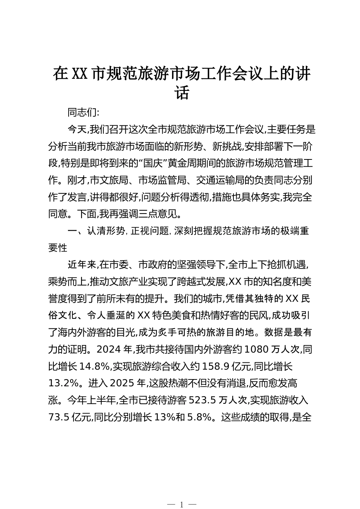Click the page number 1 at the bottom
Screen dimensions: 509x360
182,504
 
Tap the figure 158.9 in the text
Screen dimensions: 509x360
221,367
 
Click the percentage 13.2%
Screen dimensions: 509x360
63,383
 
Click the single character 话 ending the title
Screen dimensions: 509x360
182,93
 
